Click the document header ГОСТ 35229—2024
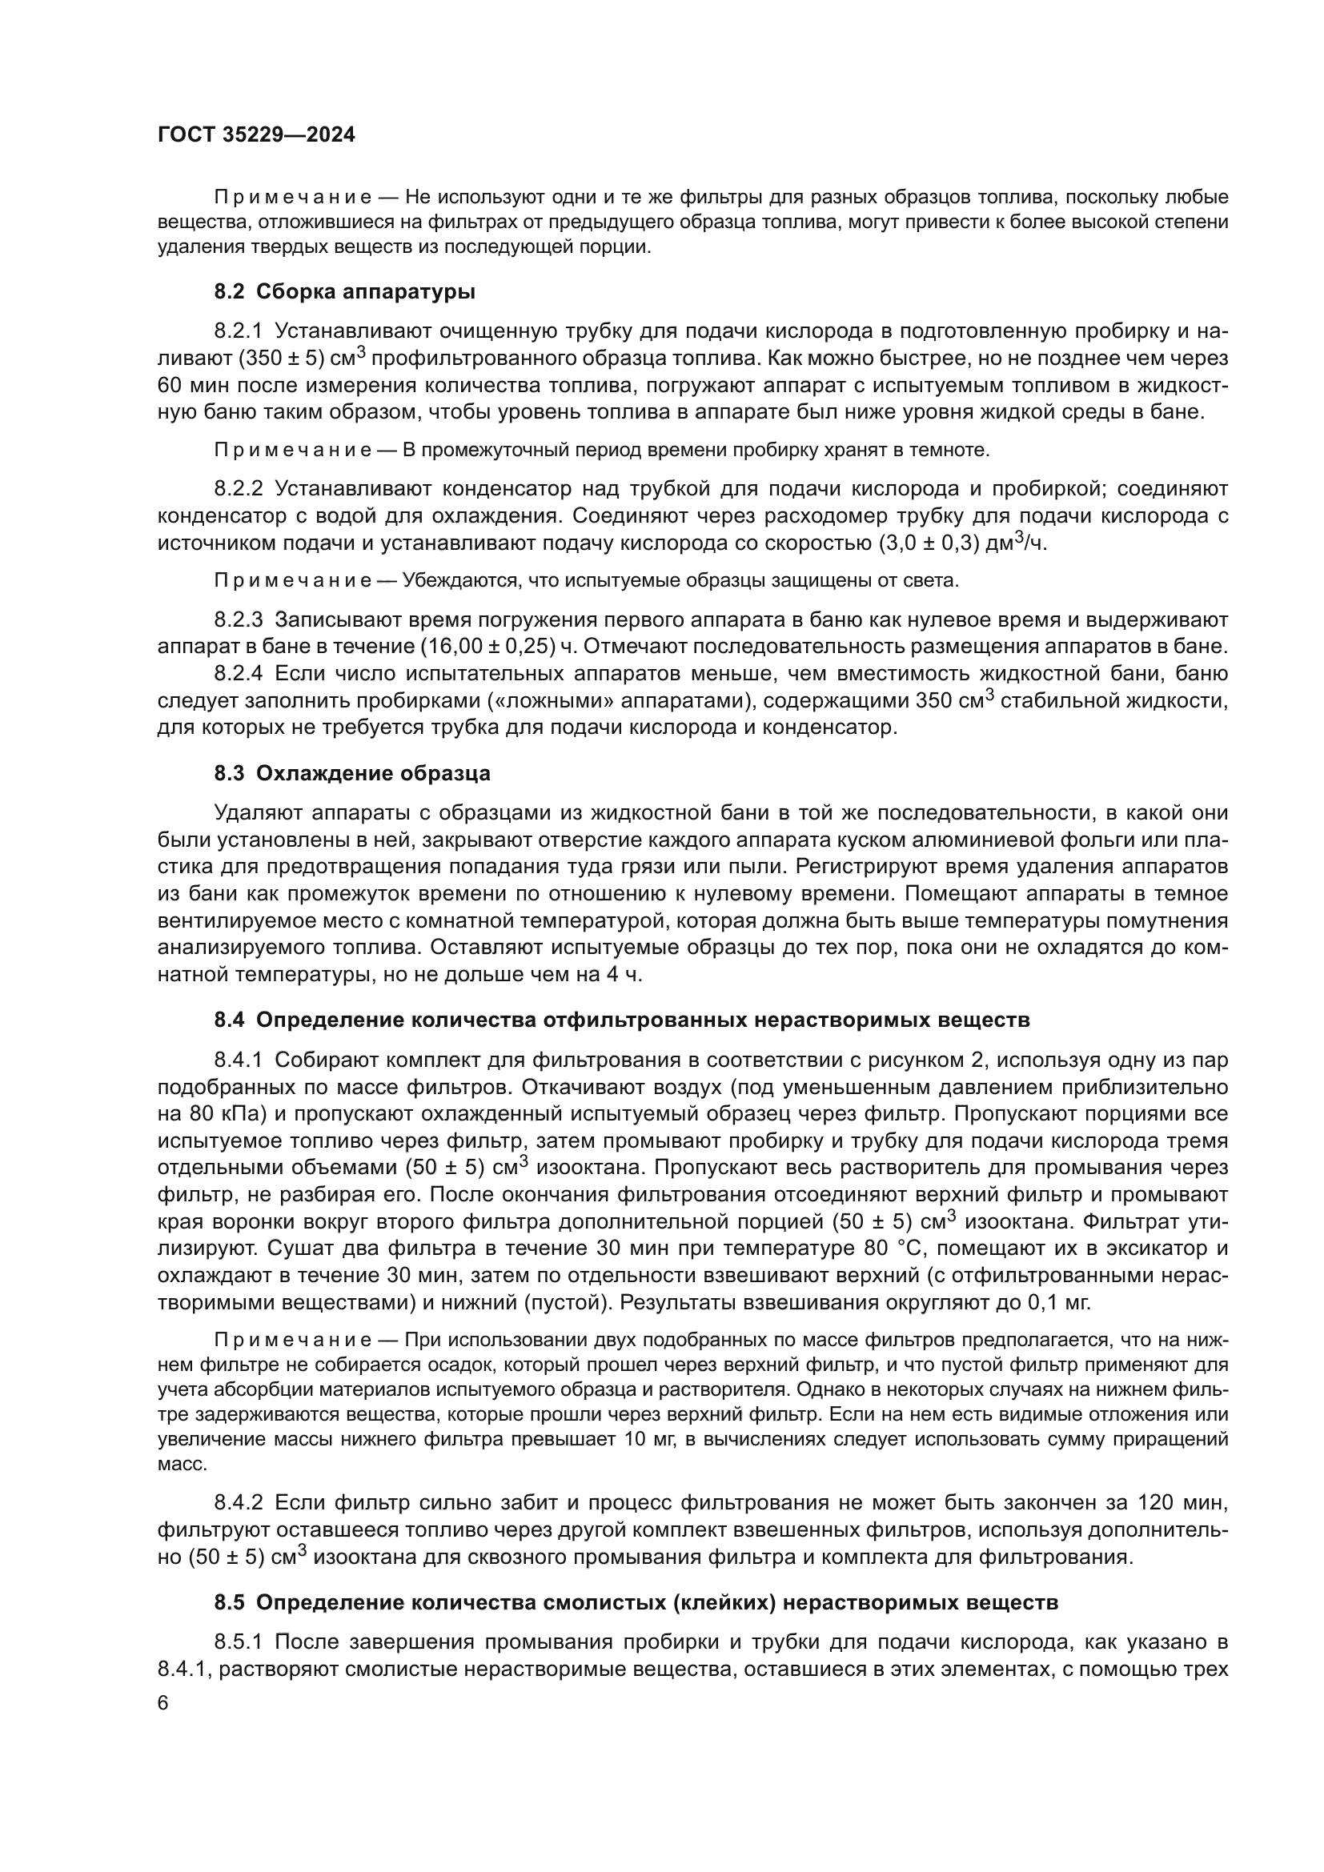pyautogui.click(x=256, y=135)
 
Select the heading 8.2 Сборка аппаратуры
pyautogui.click(x=345, y=291)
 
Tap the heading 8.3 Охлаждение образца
pyautogui.click(x=352, y=773)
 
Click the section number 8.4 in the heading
pyautogui.click(x=229, y=1020)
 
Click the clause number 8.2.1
pyautogui.click(x=238, y=331)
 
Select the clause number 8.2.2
pyautogui.click(x=238, y=488)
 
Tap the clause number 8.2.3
pyautogui.click(x=238, y=619)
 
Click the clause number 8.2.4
pyautogui.click(x=238, y=673)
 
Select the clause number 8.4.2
pyautogui.click(x=238, y=1503)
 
